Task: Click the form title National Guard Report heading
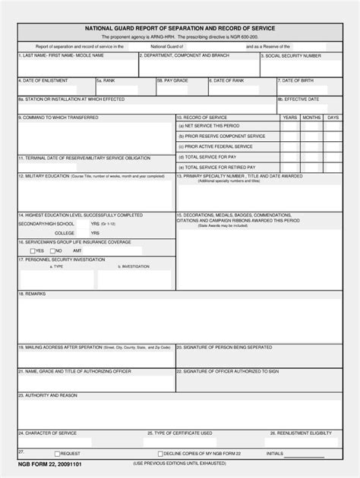[180, 27]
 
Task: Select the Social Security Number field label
[291, 56]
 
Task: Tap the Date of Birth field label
[298, 79]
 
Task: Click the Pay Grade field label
[173, 79]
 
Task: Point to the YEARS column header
[290, 118]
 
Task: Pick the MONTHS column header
[311, 118]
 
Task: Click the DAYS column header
[333, 118]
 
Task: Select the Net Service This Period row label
[209, 126]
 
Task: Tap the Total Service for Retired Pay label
[217, 166]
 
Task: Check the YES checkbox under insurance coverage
[33, 250]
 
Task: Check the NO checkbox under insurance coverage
[52, 250]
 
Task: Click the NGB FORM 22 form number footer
[43, 463]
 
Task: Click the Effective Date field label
[298, 99]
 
